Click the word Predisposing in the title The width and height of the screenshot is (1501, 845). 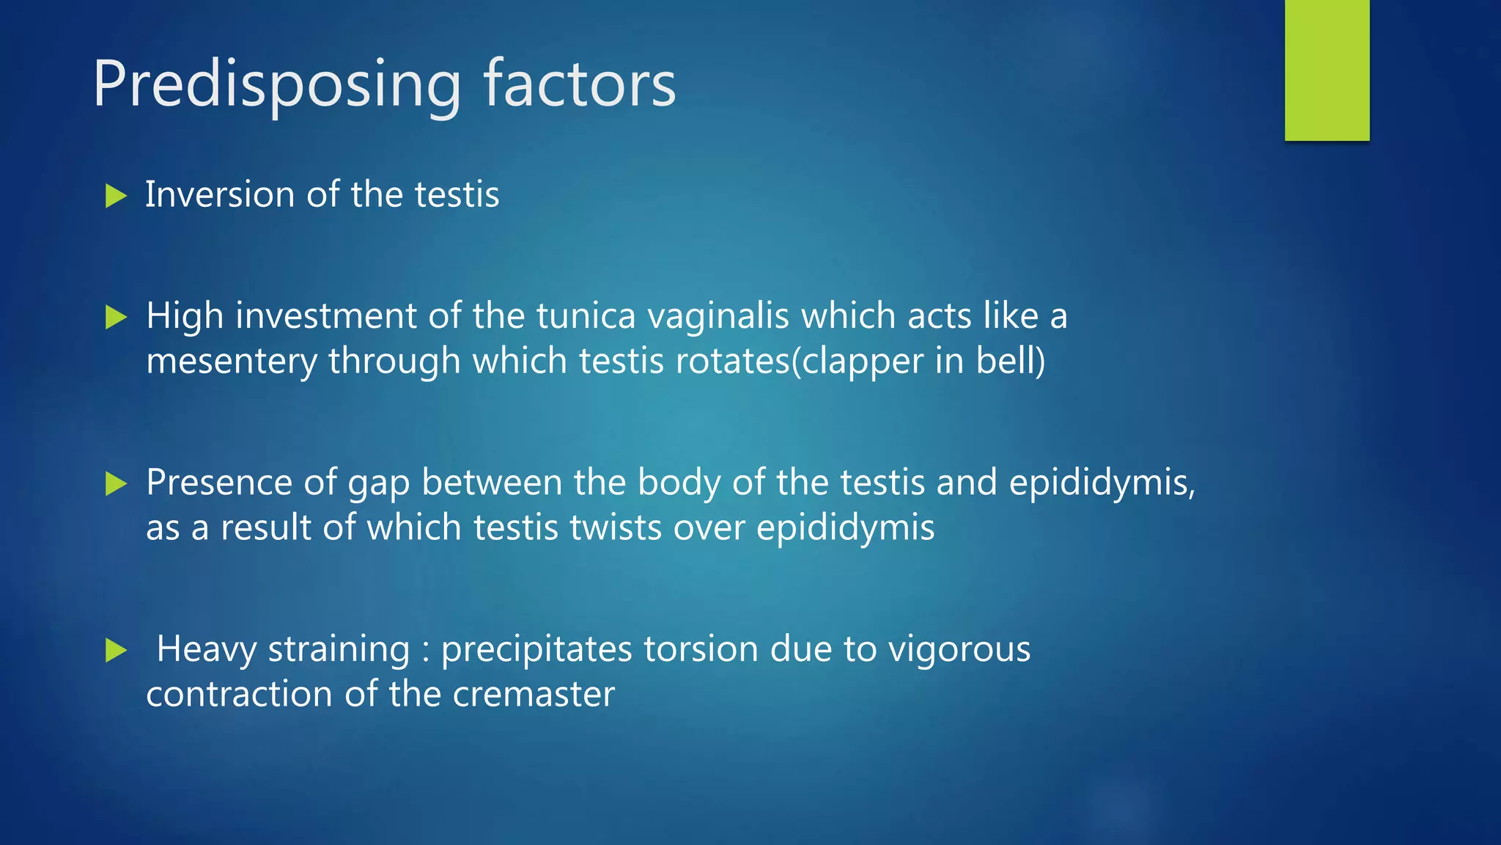coord(277,85)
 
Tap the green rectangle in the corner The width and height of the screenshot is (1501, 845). coord(1327,70)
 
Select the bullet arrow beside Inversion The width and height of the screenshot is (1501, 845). coord(116,196)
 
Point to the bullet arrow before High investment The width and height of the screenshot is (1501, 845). coord(116,318)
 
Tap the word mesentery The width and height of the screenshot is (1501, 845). coord(231,362)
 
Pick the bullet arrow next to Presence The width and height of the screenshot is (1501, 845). coord(116,483)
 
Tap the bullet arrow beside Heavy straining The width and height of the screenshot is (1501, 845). coord(116,650)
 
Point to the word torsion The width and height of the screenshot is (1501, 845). coord(700,649)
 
